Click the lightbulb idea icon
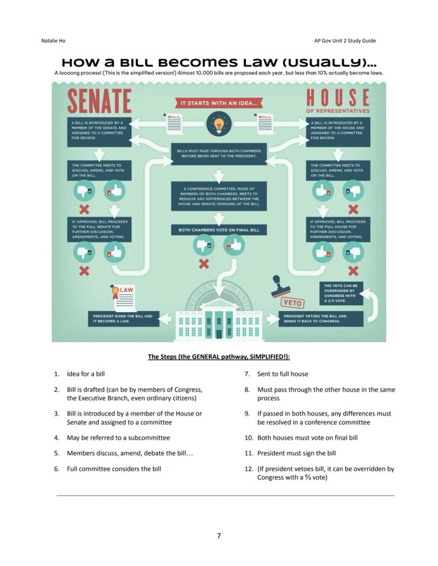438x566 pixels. click(218, 125)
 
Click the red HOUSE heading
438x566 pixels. click(337, 98)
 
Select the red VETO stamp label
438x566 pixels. click(292, 303)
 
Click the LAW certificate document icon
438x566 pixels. click(123, 298)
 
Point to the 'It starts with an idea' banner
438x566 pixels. click(218, 103)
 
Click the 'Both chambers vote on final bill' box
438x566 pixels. click(218, 230)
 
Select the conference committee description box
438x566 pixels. click(218, 196)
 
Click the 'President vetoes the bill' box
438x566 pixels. click(321, 319)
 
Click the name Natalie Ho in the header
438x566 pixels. click(53, 41)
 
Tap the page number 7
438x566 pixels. click(218, 535)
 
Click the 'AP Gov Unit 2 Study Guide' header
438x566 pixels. click(344, 41)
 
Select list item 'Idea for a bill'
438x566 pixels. click(86, 374)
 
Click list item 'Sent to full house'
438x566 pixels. click(282, 374)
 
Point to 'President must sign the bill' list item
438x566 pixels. click(296, 453)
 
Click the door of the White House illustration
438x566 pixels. click(218, 333)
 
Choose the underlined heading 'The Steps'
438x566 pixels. click(218, 357)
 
